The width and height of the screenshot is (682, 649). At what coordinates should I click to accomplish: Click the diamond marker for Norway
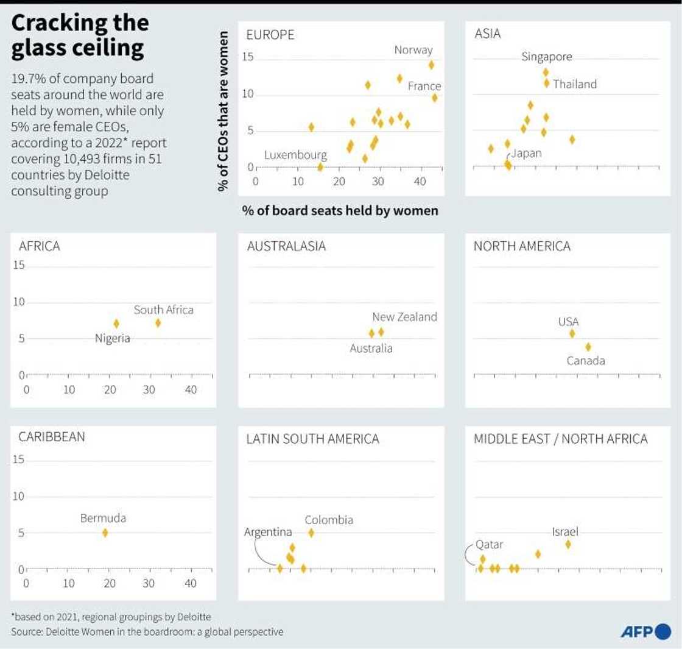(x=431, y=65)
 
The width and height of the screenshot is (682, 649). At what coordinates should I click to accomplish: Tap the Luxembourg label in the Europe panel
(x=295, y=155)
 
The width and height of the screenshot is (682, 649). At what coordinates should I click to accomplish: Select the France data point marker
(x=434, y=98)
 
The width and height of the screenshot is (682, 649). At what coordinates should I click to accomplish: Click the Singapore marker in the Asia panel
(x=546, y=73)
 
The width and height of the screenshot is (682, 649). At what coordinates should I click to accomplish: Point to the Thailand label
(x=575, y=84)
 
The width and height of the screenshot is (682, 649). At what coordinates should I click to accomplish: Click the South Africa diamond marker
(x=158, y=323)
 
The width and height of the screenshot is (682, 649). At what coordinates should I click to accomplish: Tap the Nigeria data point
(x=116, y=324)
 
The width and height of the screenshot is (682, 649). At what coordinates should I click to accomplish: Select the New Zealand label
(x=404, y=317)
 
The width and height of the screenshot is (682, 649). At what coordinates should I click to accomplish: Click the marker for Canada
(x=588, y=347)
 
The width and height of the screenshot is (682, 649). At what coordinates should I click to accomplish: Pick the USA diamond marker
(x=572, y=333)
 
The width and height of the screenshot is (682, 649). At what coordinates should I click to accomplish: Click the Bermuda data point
(x=105, y=533)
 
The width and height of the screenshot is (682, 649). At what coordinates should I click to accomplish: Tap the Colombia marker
(x=311, y=533)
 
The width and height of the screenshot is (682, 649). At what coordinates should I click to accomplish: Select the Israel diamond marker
(x=568, y=544)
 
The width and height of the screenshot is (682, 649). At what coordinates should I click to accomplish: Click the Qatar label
(x=489, y=544)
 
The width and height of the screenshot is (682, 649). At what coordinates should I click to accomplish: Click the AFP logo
(x=645, y=633)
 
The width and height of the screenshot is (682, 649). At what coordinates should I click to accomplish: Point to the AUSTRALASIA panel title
(x=286, y=246)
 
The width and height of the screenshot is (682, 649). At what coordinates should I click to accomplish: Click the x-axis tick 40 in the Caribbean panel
(x=191, y=583)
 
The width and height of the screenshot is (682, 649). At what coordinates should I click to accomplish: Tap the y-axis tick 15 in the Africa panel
(x=18, y=265)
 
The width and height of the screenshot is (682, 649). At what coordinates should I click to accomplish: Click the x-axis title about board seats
(x=340, y=211)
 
